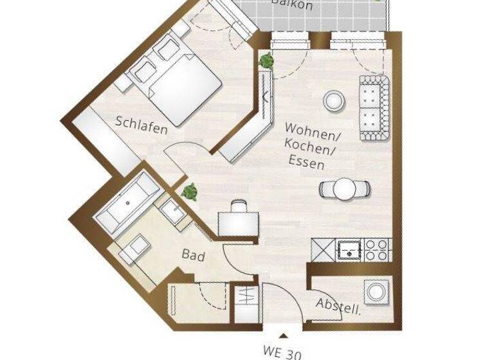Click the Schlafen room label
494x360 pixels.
point(142,125)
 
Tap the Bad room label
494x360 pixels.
point(193,256)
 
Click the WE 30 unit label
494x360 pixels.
point(282,352)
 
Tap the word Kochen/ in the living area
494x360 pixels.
point(313,150)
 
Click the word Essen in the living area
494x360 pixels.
point(306,163)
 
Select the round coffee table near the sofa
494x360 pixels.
point(333,100)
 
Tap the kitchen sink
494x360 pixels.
point(348,249)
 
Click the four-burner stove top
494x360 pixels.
point(378,249)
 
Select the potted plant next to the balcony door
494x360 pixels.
point(266,62)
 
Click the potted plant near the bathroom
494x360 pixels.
point(189,191)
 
